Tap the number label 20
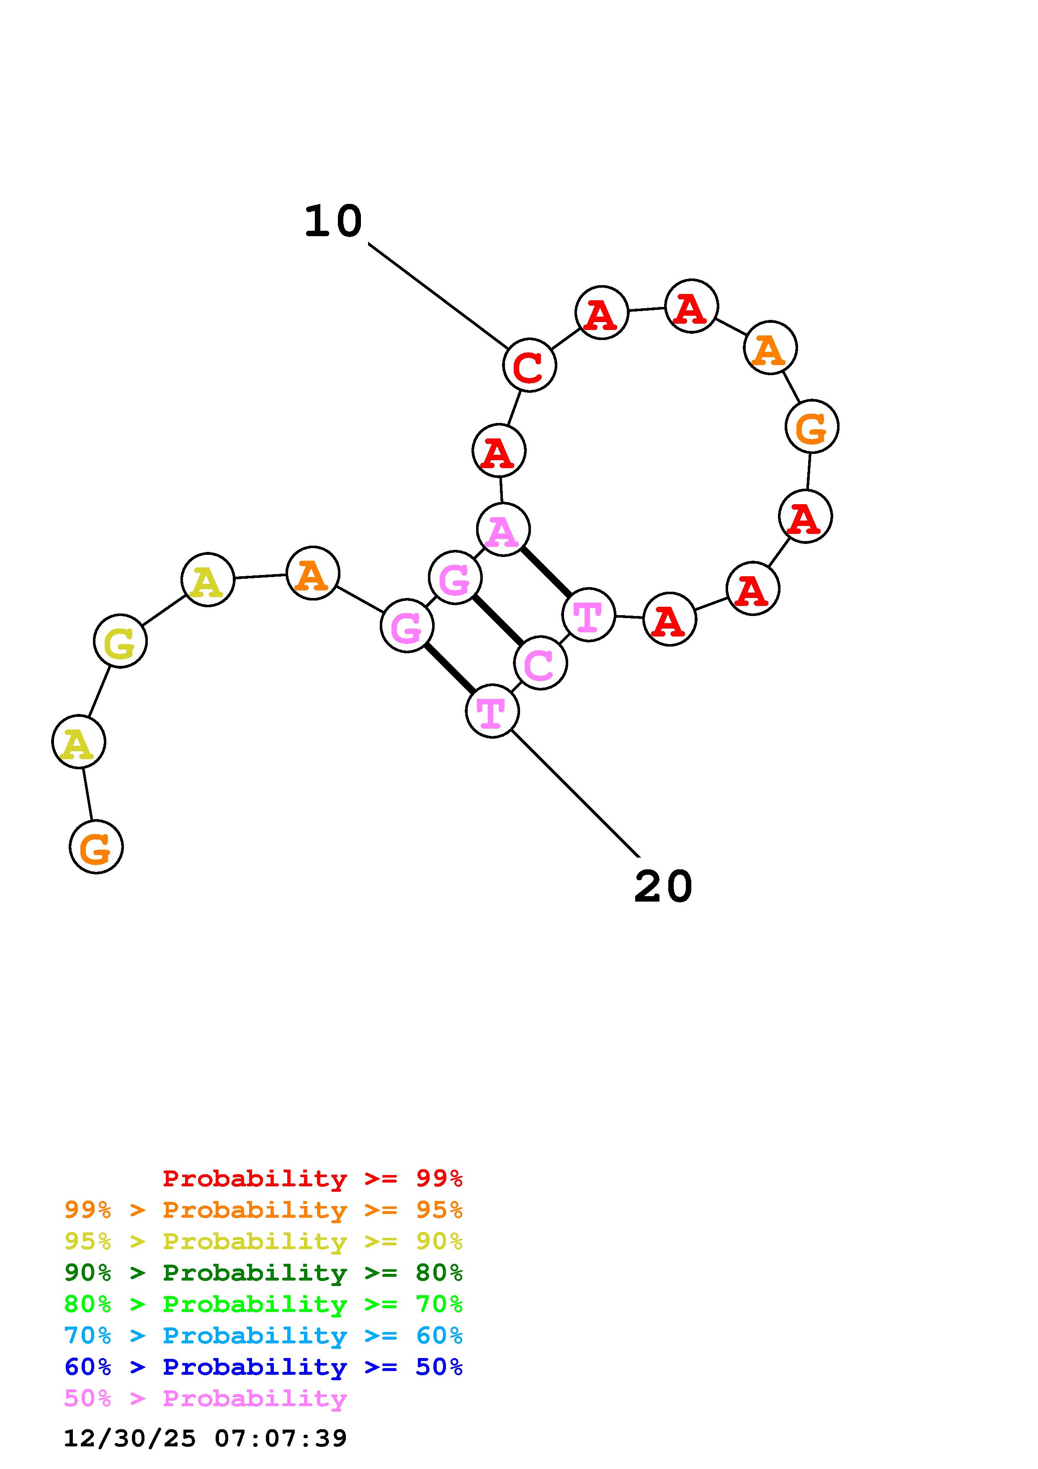663,887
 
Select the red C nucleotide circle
530,365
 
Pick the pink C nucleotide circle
541,663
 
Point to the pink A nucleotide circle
503,530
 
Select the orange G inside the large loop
811,426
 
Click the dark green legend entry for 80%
263,1273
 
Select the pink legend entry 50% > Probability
205,1399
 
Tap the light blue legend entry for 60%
263,1335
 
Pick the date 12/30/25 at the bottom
130,1438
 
